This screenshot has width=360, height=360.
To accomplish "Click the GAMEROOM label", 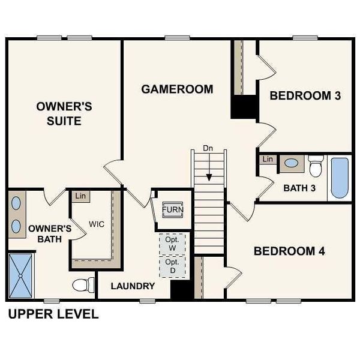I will pos(177,89).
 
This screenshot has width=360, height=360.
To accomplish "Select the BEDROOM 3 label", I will pos(309,95).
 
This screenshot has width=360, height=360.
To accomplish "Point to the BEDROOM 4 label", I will pos(289,251).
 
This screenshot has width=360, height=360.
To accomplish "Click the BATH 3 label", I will pos(299,188).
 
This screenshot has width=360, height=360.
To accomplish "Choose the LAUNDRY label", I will pos(133,286).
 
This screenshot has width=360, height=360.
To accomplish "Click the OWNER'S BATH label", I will pos(50,233).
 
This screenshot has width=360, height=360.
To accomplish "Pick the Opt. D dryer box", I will pos(172,267).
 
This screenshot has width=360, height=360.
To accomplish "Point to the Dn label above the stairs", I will pos(208,148).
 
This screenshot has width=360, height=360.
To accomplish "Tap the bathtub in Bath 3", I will pos(339,178).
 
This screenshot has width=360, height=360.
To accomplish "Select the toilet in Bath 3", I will pos(316,164).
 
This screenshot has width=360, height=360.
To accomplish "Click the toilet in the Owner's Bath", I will pos(83,285).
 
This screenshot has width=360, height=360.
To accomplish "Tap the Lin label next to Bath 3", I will pos(268,160).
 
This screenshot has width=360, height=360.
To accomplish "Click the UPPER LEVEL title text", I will pos(53,314).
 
